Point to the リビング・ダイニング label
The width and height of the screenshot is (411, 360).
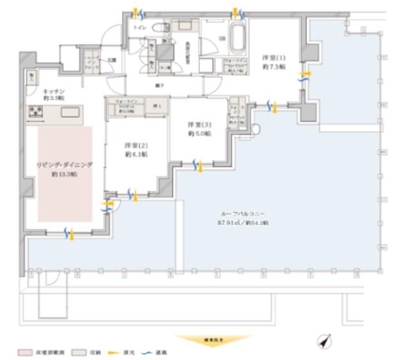click(64, 165)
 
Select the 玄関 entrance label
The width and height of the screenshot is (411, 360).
click(111, 61)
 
